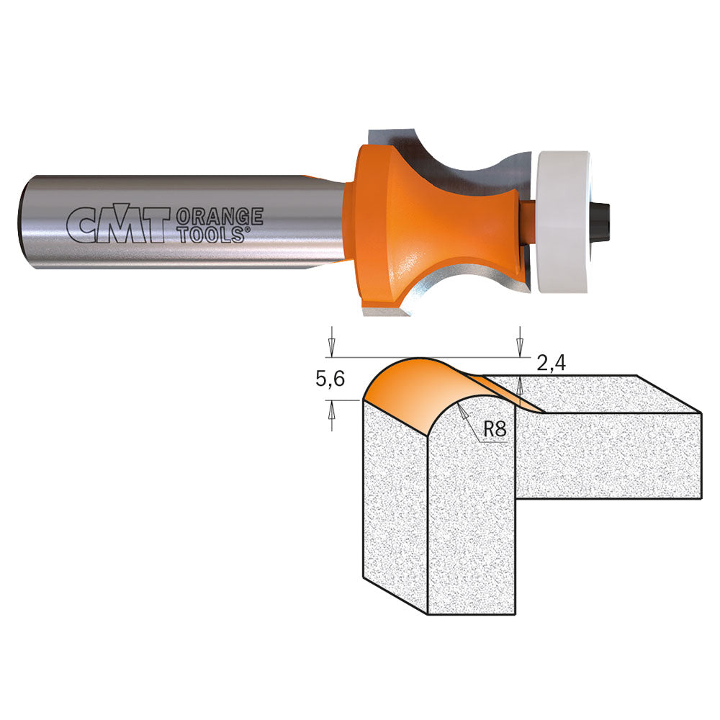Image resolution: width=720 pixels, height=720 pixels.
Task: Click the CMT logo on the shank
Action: pos(117,224)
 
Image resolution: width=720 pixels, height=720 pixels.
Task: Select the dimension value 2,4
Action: pos(551,364)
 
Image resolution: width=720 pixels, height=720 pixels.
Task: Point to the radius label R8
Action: pos(495,430)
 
